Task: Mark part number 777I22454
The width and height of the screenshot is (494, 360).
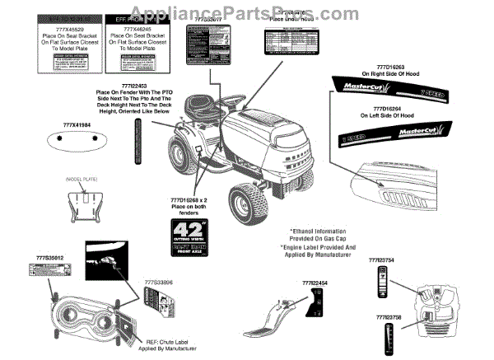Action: point(314,283)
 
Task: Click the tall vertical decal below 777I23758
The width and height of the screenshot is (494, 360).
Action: point(387,337)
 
